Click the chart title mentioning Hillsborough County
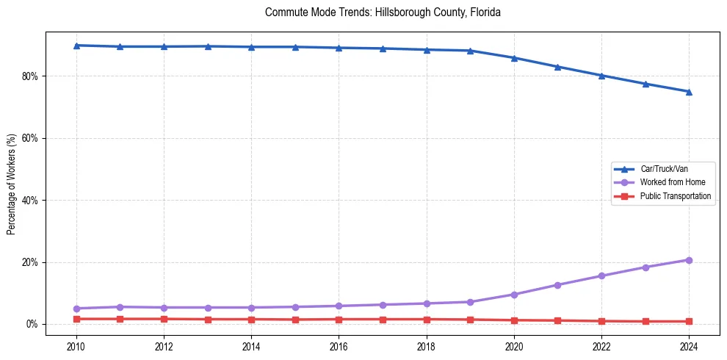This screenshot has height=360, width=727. (x=383, y=12)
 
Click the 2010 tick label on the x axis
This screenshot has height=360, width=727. (x=76, y=346)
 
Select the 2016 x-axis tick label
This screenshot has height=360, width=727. (x=339, y=346)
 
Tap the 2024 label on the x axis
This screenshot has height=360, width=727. (x=689, y=346)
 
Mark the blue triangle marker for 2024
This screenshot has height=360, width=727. (x=689, y=92)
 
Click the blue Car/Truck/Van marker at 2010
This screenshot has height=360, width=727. (x=76, y=46)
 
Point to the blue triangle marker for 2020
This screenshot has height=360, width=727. (x=514, y=58)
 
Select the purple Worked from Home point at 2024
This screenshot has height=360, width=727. (x=689, y=260)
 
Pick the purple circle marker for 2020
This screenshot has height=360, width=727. (x=514, y=295)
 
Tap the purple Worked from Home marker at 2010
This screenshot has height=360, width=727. (x=76, y=309)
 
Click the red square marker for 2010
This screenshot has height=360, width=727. (x=76, y=319)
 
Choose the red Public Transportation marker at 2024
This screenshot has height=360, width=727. (x=689, y=321)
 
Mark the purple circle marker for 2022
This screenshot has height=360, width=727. (x=601, y=276)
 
